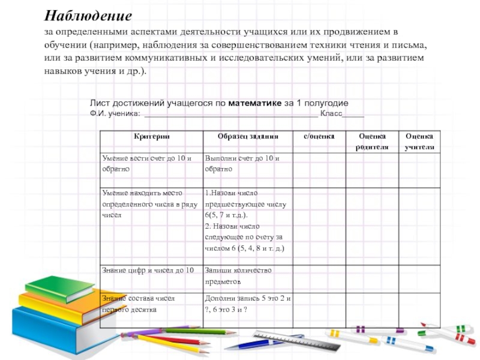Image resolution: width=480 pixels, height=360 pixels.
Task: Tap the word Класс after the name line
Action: (x=331, y=113)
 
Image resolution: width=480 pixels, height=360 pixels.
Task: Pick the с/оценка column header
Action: (x=319, y=137)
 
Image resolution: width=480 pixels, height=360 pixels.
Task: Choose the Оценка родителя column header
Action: (x=372, y=142)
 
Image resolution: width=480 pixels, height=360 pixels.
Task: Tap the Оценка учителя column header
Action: (x=419, y=142)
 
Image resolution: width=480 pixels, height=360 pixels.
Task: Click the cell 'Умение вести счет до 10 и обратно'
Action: (x=148, y=164)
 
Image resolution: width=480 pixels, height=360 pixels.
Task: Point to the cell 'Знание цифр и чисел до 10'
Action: (x=148, y=271)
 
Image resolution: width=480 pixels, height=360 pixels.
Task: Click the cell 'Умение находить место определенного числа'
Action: (x=148, y=204)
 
